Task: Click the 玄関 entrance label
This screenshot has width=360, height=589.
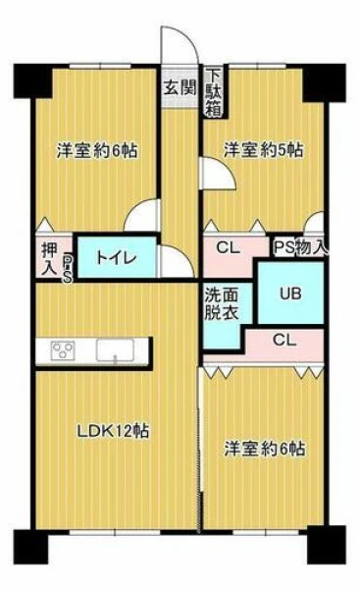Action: (x=180, y=87)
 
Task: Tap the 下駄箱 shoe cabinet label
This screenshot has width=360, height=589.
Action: (x=214, y=92)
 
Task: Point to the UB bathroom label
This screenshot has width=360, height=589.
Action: (x=290, y=294)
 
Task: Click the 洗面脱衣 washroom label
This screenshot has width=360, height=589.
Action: (x=222, y=304)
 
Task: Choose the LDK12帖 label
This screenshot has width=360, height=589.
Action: (x=113, y=431)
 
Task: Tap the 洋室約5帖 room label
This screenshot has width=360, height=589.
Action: (x=264, y=150)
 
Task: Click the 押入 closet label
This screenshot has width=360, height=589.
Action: (x=50, y=258)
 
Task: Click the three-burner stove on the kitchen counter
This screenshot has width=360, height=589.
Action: (x=62, y=350)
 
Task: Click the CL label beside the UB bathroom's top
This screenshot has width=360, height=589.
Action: (x=229, y=247)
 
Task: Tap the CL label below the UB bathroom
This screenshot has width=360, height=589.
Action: (x=284, y=341)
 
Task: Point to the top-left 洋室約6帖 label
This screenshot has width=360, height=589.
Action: (x=97, y=150)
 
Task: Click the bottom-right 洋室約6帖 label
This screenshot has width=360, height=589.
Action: (x=265, y=449)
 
